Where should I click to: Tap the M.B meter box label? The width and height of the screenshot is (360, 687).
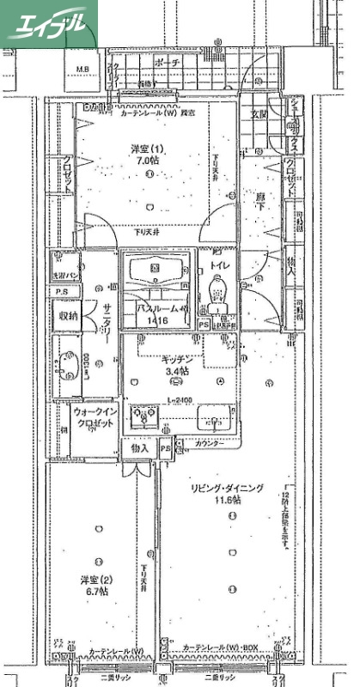[84, 70]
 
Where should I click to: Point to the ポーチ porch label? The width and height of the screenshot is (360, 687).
[168, 64]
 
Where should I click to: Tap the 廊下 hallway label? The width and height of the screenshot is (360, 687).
[259, 197]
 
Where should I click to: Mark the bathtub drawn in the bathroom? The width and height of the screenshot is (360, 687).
[155, 271]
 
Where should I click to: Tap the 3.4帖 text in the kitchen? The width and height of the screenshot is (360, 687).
[178, 372]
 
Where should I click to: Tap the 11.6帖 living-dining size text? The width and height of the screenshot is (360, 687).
[228, 500]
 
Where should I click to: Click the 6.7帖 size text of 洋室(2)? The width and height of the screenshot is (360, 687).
[96, 592]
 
